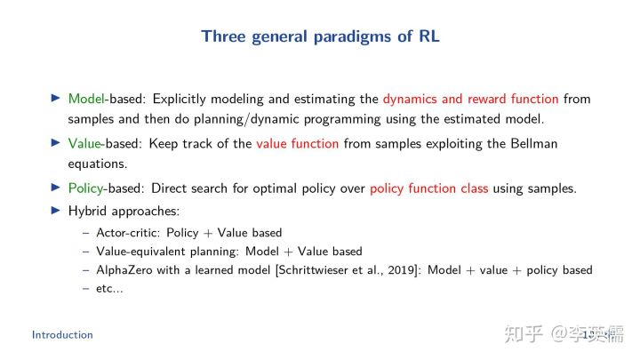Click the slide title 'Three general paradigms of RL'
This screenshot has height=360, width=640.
pyautogui.click(x=320, y=36)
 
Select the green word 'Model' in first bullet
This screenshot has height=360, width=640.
pyautogui.click(x=86, y=99)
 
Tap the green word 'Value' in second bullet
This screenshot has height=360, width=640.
pyautogui.click(x=84, y=144)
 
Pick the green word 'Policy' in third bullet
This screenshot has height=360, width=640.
pyautogui.click(x=85, y=189)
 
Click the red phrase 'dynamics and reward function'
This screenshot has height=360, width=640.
pyautogui.click(x=470, y=100)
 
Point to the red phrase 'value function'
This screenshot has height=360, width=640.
pyautogui.click(x=298, y=144)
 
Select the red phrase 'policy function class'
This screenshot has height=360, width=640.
pyautogui.click(x=429, y=189)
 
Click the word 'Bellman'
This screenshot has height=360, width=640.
pyautogui.click(x=534, y=144)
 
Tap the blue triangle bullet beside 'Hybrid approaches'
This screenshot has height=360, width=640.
pyautogui.click(x=55, y=210)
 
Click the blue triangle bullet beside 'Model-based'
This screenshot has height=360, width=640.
pyautogui.click(x=55, y=98)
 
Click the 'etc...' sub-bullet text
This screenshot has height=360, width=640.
pyautogui.click(x=109, y=289)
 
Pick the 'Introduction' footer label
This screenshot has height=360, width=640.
pyautogui.click(x=62, y=335)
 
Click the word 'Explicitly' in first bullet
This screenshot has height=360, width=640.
pyautogui.click(x=180, y=100)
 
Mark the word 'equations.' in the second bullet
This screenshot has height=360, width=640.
pyautogui.click(x=98, y=164)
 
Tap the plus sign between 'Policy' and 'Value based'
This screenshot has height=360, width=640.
pyautogui.click(x=208, y=234)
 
